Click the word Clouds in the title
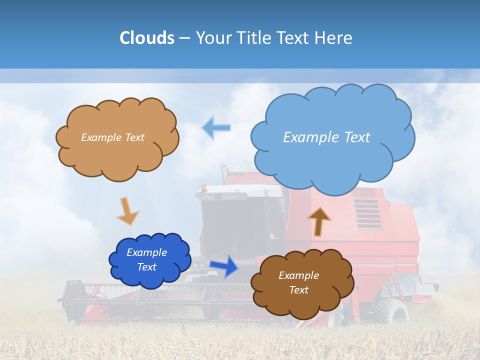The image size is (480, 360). point(147,38)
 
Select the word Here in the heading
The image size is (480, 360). point(334,38)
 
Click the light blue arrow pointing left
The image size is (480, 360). point(216,127)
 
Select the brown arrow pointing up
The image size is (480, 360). point(318,221)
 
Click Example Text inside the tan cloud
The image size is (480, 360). point(112,137)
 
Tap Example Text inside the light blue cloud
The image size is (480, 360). point(326,137)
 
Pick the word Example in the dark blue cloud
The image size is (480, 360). point(146,252)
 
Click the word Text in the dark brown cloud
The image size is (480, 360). point(298,290)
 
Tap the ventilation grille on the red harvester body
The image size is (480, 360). point(367,207)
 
